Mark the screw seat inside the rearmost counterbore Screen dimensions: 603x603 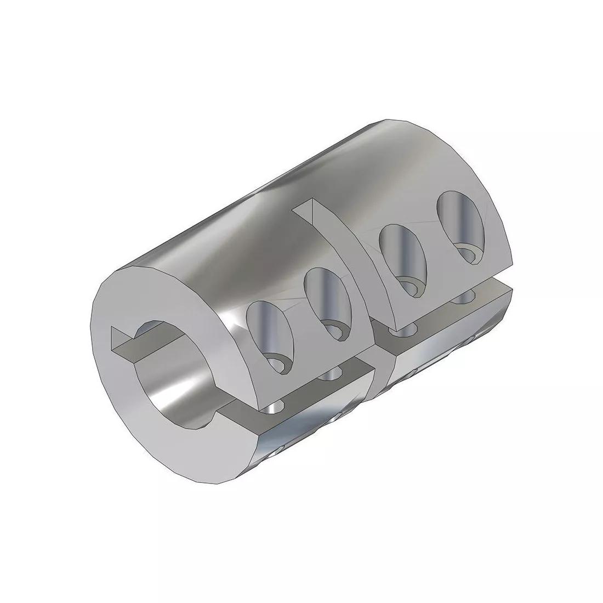[x=470, y=253]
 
